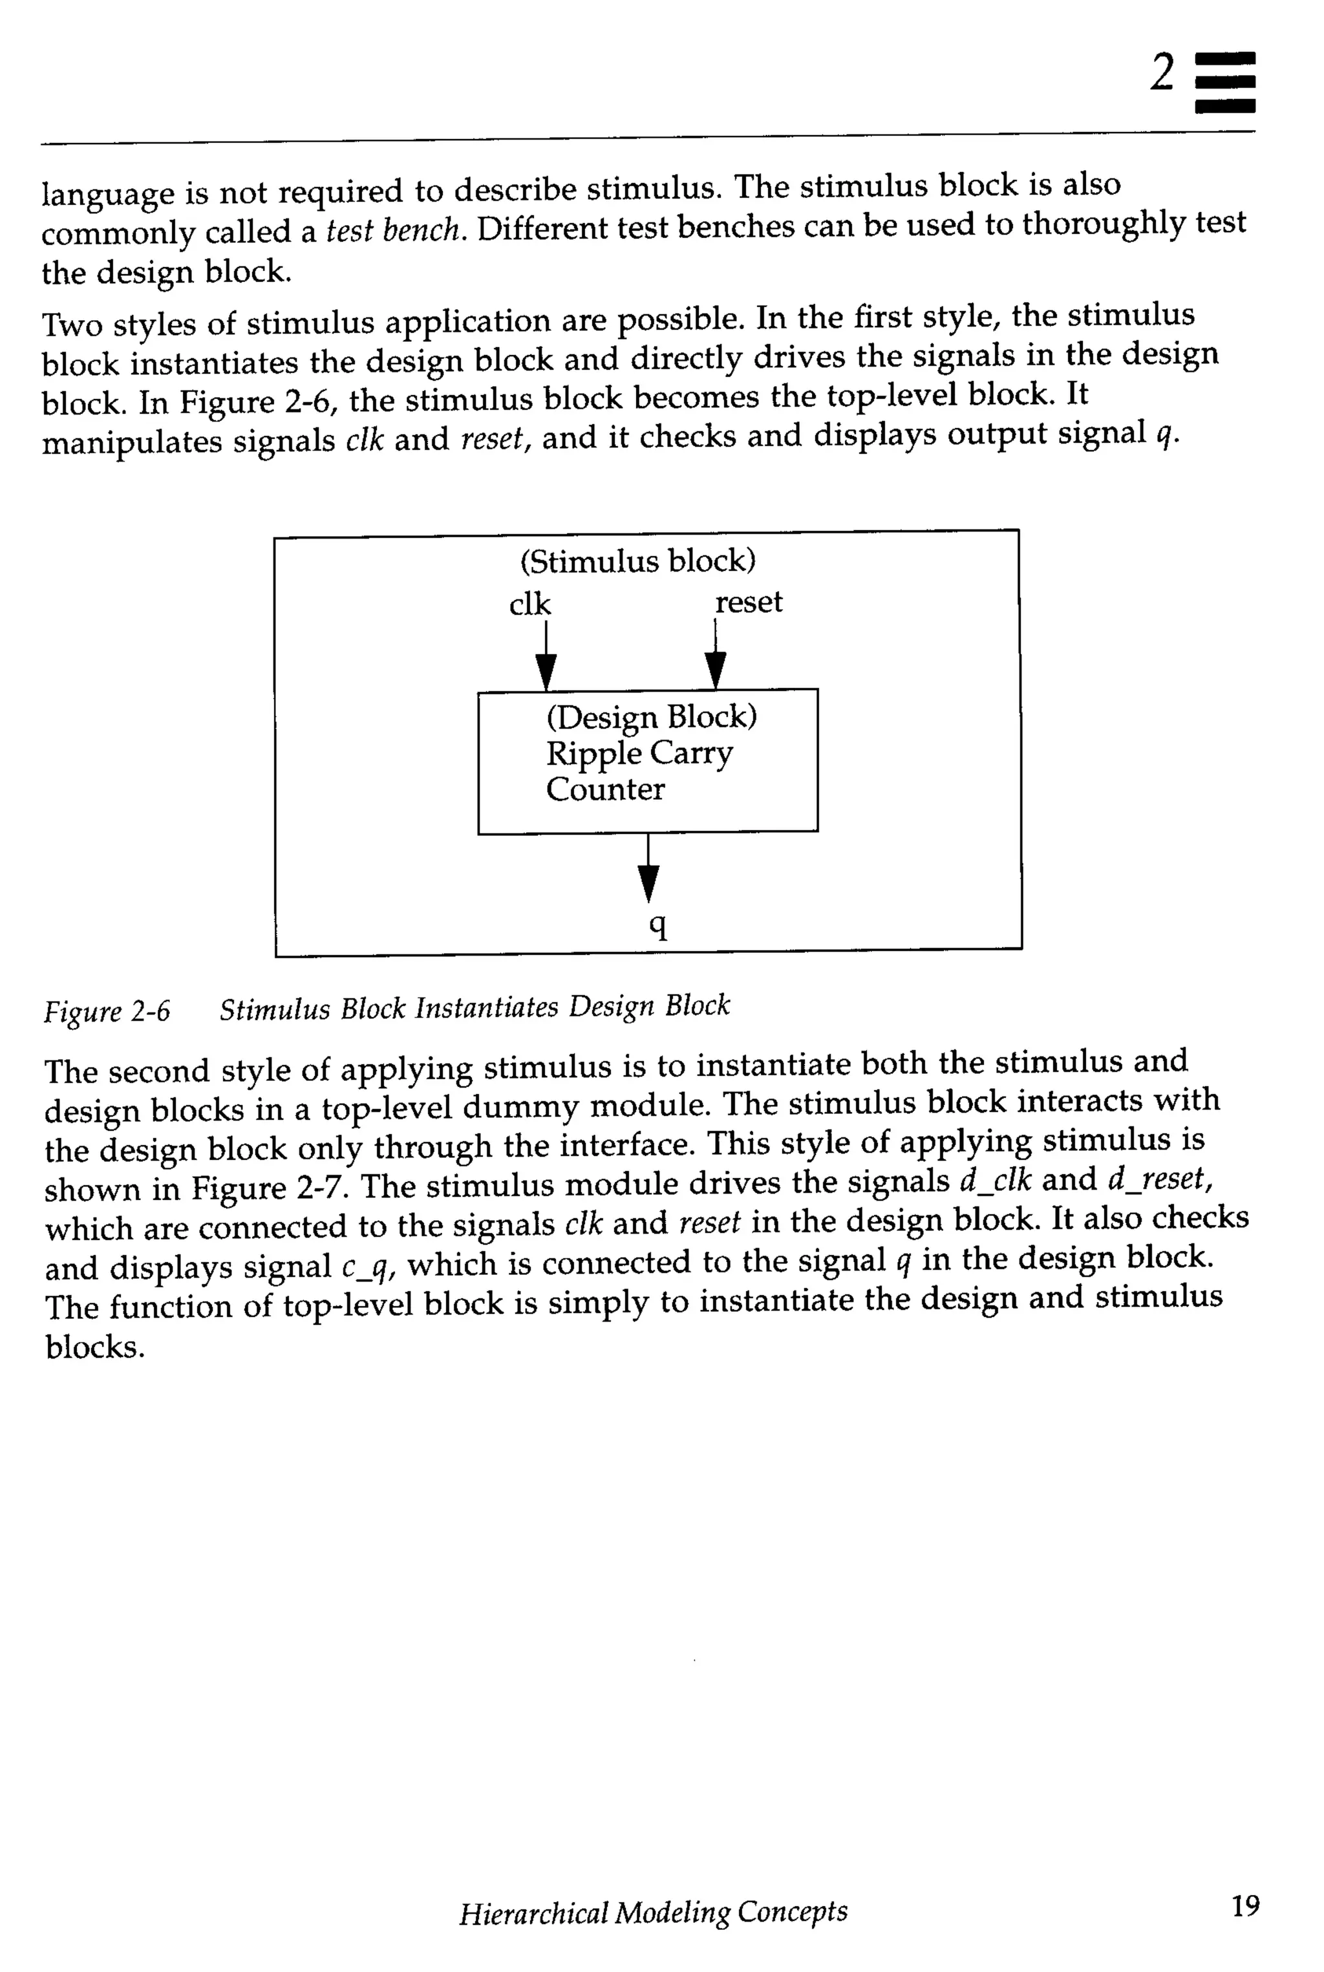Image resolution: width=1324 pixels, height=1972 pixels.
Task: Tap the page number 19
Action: pos(1244,1906)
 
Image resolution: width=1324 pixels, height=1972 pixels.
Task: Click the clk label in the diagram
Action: pos(529,605)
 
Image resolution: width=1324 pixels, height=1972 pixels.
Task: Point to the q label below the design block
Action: pos(657,927)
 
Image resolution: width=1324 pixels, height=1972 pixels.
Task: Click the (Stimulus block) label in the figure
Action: pos(637,561)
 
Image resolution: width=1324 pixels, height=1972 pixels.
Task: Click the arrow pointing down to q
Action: pos(648,870)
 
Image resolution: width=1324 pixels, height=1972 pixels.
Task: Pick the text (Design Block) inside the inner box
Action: pos(651,717)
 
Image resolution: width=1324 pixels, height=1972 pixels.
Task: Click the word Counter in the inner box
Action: pos(604,789)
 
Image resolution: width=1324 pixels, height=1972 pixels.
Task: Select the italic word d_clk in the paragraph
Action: pos(996,1181)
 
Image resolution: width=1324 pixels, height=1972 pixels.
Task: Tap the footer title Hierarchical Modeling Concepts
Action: pos(653,1912)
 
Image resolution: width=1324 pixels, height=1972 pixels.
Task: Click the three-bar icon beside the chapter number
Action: pos(1224,82)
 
